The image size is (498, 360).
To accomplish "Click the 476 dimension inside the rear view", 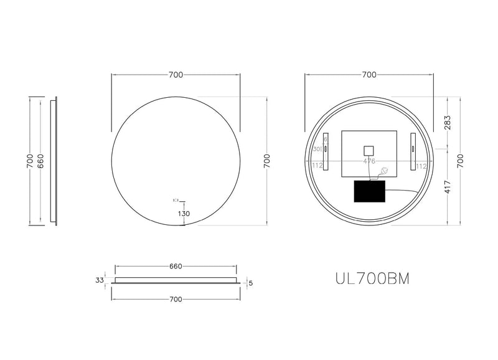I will (369, 161).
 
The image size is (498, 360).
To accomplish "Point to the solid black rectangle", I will (369, 191).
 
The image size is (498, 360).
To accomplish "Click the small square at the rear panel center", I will (369, 150).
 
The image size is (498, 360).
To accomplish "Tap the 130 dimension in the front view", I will (184, 214).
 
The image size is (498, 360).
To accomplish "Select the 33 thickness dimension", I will (99, 280).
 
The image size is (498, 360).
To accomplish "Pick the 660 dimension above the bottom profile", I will (176, 267).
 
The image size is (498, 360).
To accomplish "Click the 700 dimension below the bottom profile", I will (176, 300).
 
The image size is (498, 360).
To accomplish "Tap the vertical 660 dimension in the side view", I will (40, 161).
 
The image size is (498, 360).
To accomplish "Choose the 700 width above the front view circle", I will (176, 75).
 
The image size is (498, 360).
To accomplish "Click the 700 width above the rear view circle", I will (369, 75).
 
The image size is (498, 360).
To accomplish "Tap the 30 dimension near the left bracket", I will (316, 149).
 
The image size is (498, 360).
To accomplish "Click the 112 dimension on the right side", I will (421, 166).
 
